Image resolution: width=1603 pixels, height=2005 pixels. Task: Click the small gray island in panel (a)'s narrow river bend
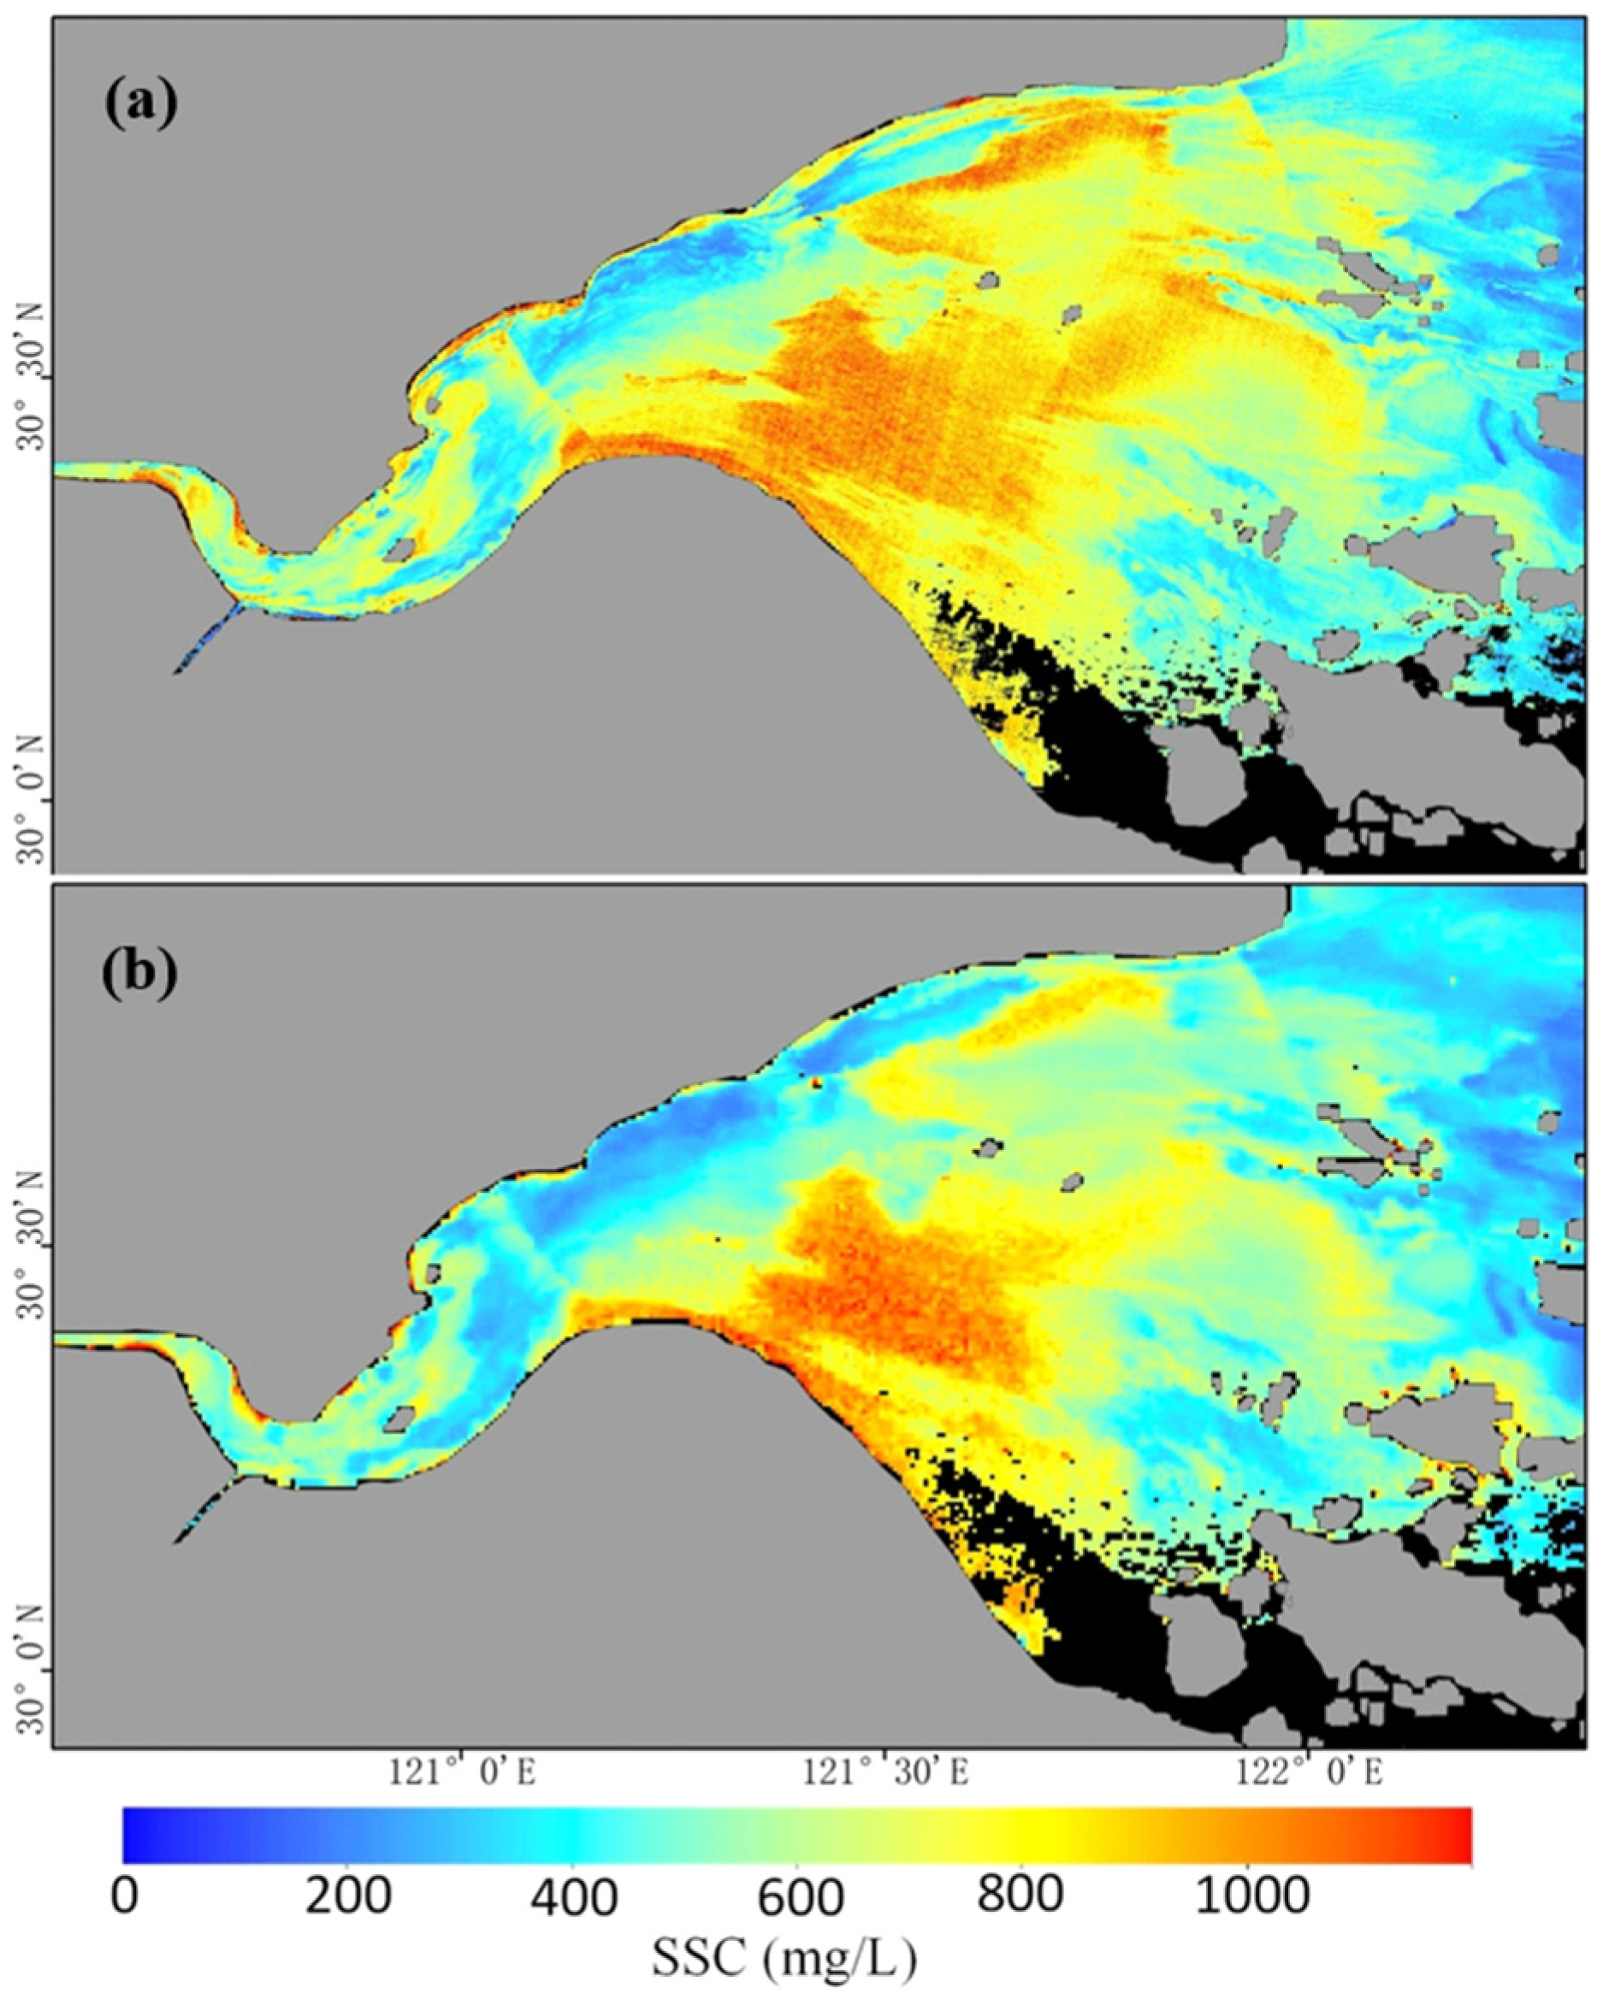click(399, 550)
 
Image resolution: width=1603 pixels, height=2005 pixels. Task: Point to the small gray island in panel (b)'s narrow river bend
click(400, 1418)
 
